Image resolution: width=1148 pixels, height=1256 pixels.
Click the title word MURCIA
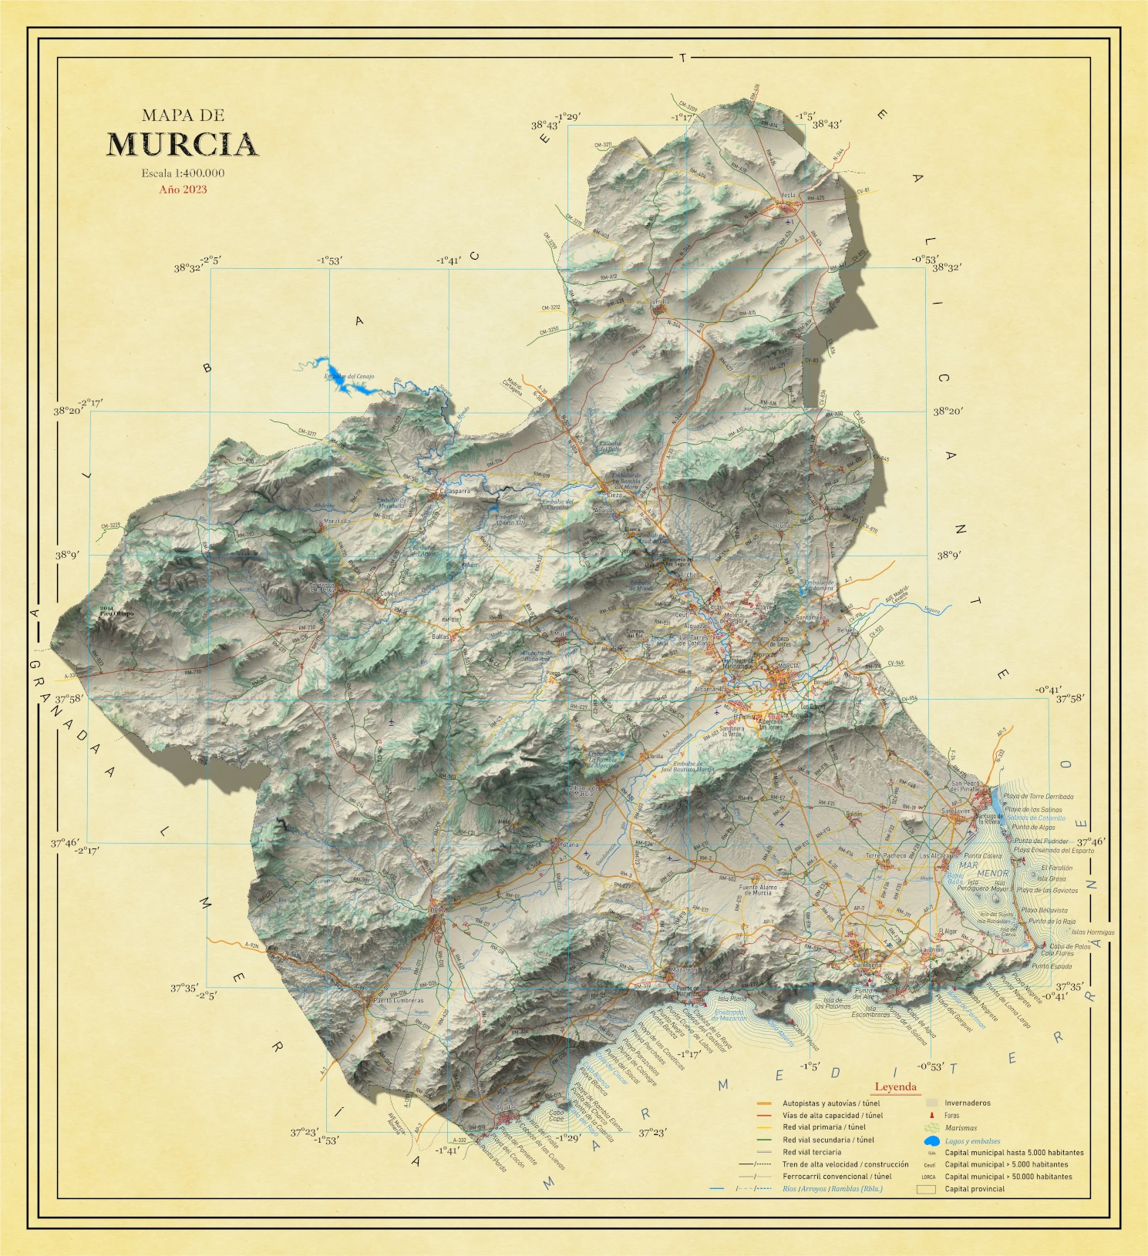(182, 145)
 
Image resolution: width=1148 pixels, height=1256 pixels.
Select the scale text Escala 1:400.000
(183, 173)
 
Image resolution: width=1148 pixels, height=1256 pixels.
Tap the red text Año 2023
(183, 190)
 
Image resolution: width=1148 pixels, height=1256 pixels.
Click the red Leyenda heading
(895, 1087)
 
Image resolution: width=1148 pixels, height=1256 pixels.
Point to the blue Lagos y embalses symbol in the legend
(931, 1140)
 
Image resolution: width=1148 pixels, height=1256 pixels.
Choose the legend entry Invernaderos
(967, 1103)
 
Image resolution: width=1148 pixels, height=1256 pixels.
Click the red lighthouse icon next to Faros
(931, 1115)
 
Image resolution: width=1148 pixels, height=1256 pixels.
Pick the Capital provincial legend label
(975, 1188)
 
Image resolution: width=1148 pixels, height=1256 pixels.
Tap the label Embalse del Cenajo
(348, 377)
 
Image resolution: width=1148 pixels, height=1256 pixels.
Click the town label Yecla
(788, 196)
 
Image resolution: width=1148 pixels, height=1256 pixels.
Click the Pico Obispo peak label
(116, 613)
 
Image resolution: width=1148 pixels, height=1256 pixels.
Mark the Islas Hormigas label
(1092, 932)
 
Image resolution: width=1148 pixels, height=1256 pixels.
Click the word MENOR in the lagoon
(992, 874)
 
